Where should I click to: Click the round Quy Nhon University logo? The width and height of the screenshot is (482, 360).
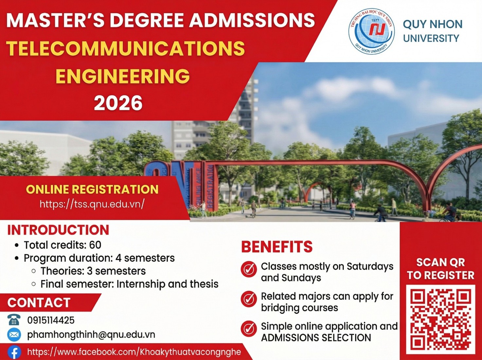click(x=371, y=31)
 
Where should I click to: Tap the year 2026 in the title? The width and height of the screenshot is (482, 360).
click(x=118, y=103)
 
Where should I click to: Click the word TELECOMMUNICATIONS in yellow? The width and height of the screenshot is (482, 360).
click(x=125, y=48)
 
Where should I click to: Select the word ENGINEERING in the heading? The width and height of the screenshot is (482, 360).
click(x=123, y=76)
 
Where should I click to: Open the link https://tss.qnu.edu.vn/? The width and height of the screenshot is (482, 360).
click(x=92, y=204)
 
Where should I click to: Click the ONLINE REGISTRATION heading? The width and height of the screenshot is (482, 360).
click(x=92, y=189)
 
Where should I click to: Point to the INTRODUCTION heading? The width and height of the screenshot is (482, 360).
click(x=58, y=230)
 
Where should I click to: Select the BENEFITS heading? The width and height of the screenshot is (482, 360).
click(x=277, y=247)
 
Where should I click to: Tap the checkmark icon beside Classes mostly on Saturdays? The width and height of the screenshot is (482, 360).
click(x=249, y=269)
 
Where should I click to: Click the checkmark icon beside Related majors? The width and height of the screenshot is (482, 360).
click(x=249, y=299)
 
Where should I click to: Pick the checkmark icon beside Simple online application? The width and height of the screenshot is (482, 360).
click(x=249, y=329)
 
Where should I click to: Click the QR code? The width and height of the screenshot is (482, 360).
click(x=440, y=319)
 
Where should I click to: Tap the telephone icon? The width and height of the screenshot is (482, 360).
click(x=14, y=320)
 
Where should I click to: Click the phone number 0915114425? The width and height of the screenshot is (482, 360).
click(x=51, y=320)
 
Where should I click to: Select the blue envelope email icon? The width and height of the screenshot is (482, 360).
click(x=14, y=334)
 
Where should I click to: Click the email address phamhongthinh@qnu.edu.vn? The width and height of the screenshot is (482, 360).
click(x=91, y=334)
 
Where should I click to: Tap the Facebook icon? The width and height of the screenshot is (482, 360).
click(x=14, y=352)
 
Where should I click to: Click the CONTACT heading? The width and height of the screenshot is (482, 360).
click(x=39, y=303)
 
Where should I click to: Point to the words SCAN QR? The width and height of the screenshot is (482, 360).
click(x=440, y=262)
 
